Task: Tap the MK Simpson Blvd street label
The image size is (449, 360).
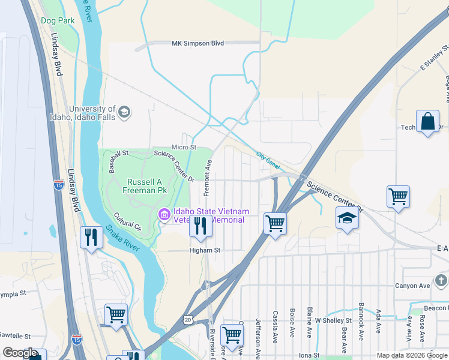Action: point(197,43)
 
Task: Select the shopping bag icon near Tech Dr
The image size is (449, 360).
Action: point(428,122)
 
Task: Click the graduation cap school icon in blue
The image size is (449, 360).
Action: point(347,219)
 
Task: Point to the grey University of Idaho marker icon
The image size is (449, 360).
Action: point(124,112)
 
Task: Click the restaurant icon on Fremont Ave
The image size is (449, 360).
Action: point(200,226)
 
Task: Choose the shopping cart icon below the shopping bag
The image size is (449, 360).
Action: point(399,196)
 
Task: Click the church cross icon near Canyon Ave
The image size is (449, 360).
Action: point(441,280)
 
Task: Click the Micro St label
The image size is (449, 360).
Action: point(184,147)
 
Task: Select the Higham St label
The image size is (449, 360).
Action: point(205,250)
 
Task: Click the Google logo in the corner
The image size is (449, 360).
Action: point(20,353)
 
